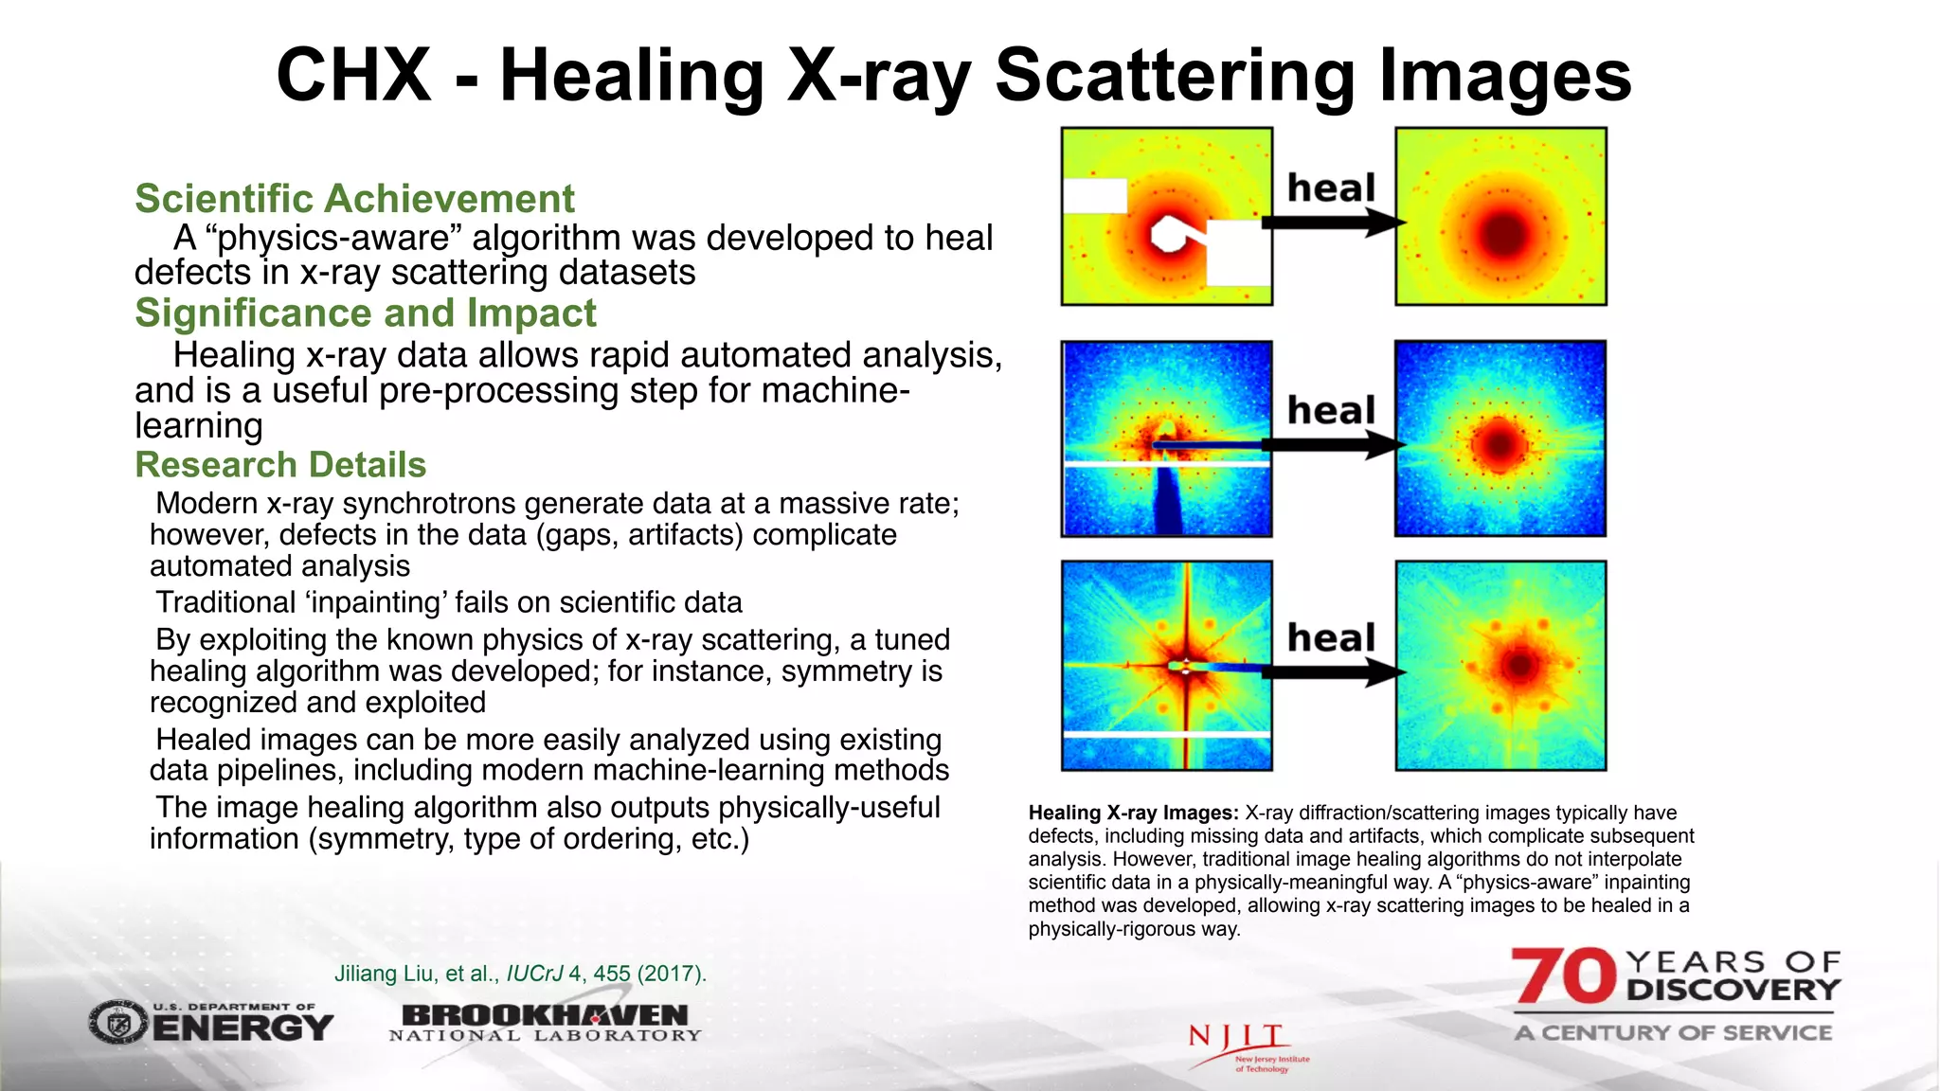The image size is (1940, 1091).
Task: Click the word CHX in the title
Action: [x=353, y=76]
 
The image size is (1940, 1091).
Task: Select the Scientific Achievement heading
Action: [x=354, y=199]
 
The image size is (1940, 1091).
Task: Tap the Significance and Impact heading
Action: [x=366, y=313]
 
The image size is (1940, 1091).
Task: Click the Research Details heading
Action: [x=280, y=465]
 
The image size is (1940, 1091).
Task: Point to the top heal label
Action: [x=1331, y=188]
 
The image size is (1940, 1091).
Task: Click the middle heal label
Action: [x=1331, y=411]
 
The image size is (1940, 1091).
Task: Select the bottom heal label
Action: [x=1331, y=638]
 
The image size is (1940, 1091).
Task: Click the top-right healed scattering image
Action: [x=1500, y=217]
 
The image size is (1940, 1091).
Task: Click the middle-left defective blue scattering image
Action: [x=1166, y=438]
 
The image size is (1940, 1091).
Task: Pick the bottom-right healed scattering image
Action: [x=1500, y=665]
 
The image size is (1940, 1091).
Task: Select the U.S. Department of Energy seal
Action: [x=118, y=1023]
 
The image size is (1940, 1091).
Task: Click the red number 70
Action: [x=1563, y=976]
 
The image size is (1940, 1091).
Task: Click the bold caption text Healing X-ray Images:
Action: [x=1133, y=813]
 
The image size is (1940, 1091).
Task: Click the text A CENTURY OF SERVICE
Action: [x=1673, y=1032]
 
